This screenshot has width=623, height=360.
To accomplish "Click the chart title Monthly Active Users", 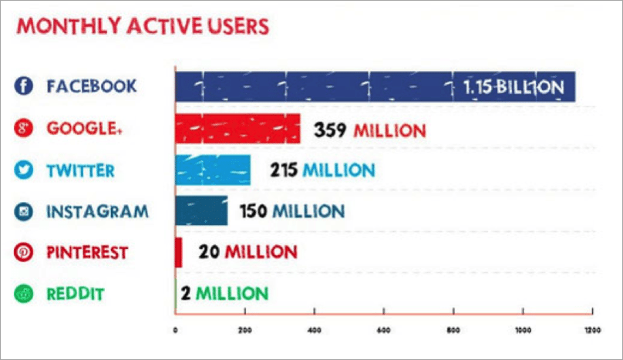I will [143, 26].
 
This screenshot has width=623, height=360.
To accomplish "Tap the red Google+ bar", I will [237, 129].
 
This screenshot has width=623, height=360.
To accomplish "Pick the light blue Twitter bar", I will [213, 170].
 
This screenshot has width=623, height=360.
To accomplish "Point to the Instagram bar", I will [202, 210].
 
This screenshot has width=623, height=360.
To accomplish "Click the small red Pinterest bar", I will [179, 252].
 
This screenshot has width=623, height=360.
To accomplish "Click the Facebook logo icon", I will [24, 86].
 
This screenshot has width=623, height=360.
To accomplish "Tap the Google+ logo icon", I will [24, 128].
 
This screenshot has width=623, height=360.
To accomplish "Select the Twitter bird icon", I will [24, 170].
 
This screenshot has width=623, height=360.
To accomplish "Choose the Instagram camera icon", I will [24, 211].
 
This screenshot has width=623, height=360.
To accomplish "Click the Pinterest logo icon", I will [24, 252].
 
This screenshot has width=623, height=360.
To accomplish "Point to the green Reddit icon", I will [24, 294].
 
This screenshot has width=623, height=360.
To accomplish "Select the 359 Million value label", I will [369, 130].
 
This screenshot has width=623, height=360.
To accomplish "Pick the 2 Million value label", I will [225, 294].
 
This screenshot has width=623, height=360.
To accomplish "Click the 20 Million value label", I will [247, 252].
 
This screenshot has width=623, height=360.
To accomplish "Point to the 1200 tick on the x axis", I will [591, 331].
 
